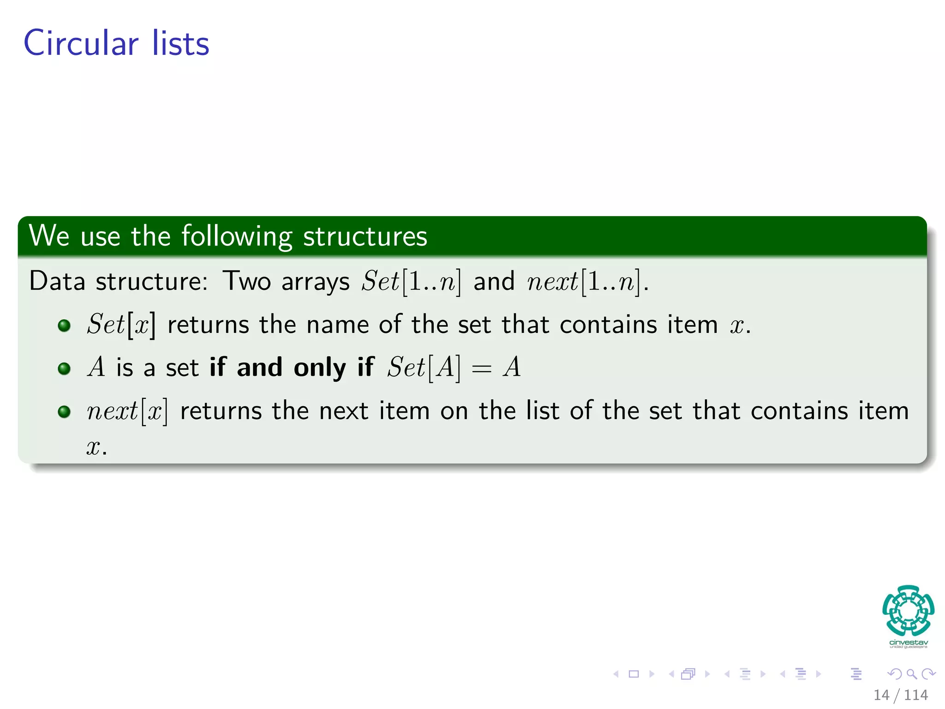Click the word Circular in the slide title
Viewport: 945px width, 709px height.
[x=81, y=43]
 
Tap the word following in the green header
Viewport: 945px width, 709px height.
[x=236, y=236]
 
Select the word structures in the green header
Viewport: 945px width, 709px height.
[x=365, y=236]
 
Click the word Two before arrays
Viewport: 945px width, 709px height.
[x=246, y=281]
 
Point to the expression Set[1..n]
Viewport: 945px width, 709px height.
[x=411, y=281]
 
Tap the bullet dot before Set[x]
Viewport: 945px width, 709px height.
[x=64, y=325]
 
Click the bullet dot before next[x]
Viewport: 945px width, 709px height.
[x=64, y=411]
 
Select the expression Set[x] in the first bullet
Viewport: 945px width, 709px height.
[x=121, y=324]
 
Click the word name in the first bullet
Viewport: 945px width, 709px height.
[x=338, y=324]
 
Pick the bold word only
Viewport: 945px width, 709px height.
[x=320, y=368]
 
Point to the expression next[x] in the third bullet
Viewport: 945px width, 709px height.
[x=127, y=411]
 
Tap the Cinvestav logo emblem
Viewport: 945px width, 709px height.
[x=908, y=610]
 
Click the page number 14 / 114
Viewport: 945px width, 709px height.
[x=900, y=695]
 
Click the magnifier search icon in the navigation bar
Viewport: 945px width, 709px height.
[x=911, y=674]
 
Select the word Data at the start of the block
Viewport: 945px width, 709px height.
[x=57, y=281]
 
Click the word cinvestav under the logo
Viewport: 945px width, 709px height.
[x=908, y=642]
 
